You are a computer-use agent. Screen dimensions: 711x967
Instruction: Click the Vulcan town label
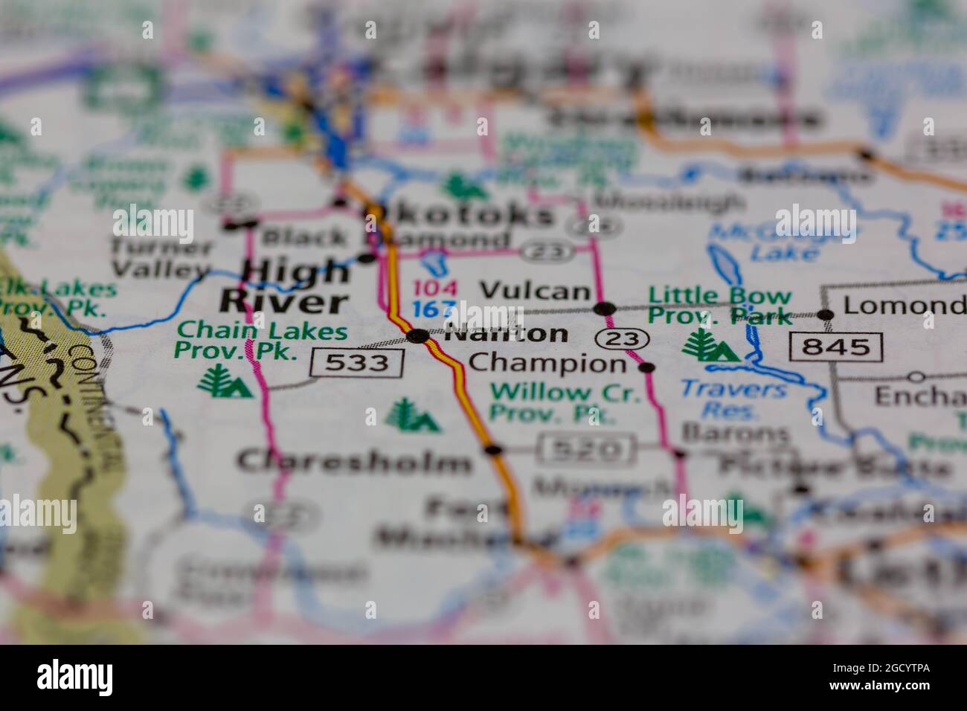(535, 291)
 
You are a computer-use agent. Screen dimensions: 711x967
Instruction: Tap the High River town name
(285, 287)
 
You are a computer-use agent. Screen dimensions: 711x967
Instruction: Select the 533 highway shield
(358, 363)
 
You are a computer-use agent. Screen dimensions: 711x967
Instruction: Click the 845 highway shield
(837, 347)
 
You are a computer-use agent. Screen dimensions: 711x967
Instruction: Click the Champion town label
(548, 364)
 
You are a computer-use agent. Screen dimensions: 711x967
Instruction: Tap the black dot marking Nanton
(419, 336)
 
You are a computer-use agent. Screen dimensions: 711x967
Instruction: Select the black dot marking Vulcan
(605, 308)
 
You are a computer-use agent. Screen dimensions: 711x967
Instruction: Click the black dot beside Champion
(647, 367)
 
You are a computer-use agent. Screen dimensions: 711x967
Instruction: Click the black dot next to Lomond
(825, 315)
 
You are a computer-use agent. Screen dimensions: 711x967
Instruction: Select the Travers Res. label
(733, 399)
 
